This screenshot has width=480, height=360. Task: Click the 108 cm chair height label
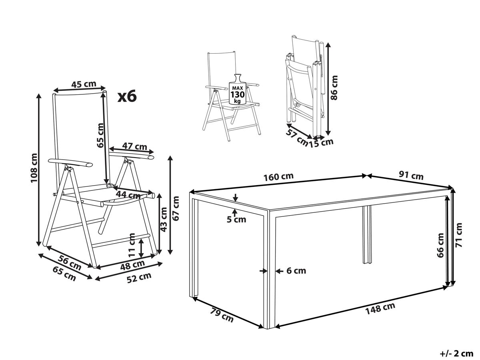[34, 168]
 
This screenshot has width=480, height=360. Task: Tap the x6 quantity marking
[127, 96]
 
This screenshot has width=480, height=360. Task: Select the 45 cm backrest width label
[84, 84]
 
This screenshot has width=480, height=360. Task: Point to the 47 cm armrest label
[134, 146]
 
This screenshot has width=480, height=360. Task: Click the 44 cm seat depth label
[128, 194]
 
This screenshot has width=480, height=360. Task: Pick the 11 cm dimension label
[132, 245]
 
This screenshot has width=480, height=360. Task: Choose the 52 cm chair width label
[139, 278]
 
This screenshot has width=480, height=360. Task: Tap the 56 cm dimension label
[70, 262]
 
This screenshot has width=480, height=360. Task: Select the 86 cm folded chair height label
[334, 88]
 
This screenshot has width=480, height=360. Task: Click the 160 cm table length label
[278, 177]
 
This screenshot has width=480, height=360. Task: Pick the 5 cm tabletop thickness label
[236, 220]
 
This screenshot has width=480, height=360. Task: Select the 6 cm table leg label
[296, 271]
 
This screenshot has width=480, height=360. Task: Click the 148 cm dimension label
[380, 308]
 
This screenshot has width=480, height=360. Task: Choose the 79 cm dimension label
[222, 315]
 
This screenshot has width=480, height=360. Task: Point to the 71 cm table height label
[458, 235]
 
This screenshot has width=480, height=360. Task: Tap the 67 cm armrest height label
[175, 208]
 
